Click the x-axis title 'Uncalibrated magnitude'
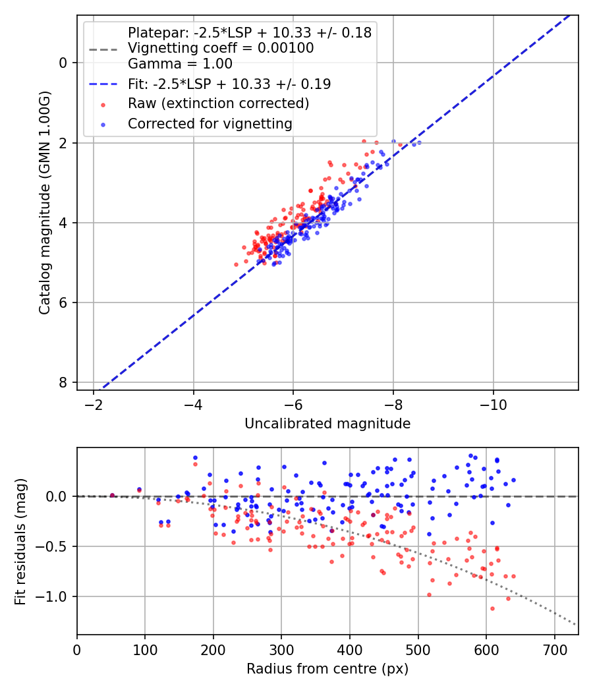point(327,424)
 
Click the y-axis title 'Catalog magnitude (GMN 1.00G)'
point(44,202)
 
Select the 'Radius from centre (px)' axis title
point(327,669)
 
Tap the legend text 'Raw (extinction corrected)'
point(218,103)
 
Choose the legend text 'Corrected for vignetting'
point(210,123)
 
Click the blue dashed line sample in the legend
point(103,84)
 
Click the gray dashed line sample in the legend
point(103,49)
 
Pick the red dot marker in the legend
point(103,104)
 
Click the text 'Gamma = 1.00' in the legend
point(180,64)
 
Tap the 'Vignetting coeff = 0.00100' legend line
point(221,48)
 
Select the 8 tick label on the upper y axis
point(63,383)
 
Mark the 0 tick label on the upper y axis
point(63,63)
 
